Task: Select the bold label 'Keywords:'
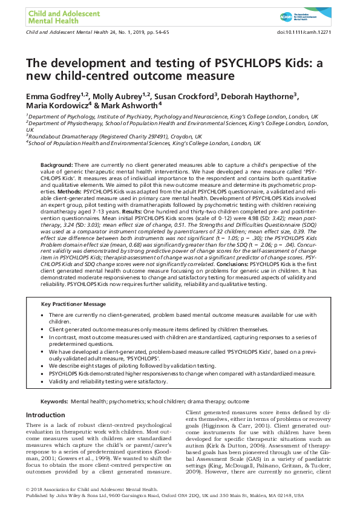[53, 402]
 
